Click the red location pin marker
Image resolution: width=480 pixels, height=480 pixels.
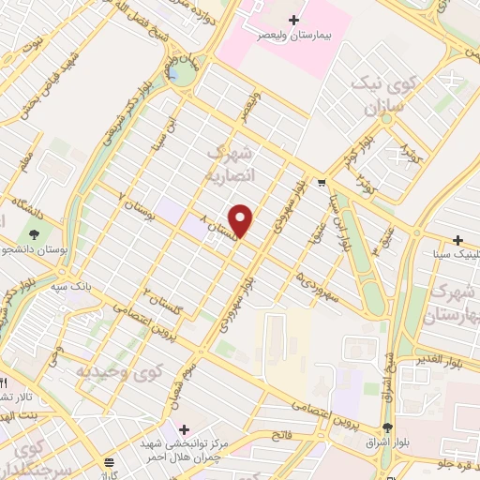pos(242,220)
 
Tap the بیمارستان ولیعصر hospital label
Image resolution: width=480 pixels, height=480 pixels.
pos(295,36)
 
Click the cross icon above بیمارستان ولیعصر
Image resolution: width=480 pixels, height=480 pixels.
pos(295,20)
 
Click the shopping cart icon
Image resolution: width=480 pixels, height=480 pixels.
pos(322,183)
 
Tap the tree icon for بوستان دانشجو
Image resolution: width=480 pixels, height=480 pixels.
pos(35,233)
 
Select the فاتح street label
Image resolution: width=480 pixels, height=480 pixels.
pos(280,435)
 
